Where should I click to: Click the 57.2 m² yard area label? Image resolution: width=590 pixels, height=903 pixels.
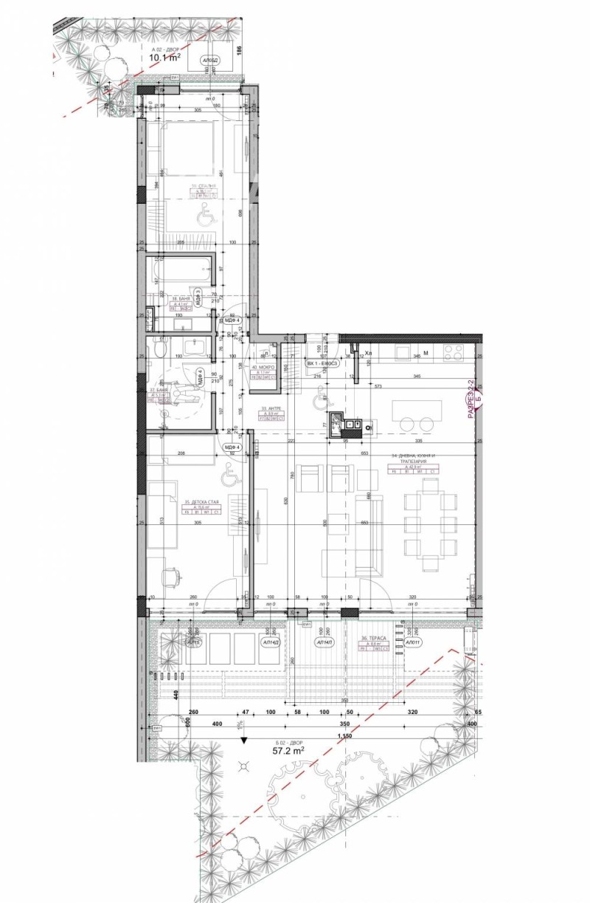(x=288, y=751)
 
